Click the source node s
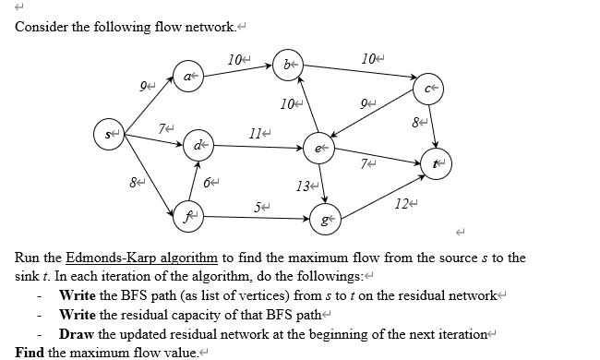[x=110, y=135]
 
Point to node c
[x=429, y=90]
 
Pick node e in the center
[x=319, y=147]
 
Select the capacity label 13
[x=301, y=189]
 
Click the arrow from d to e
[x=258, y=146]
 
